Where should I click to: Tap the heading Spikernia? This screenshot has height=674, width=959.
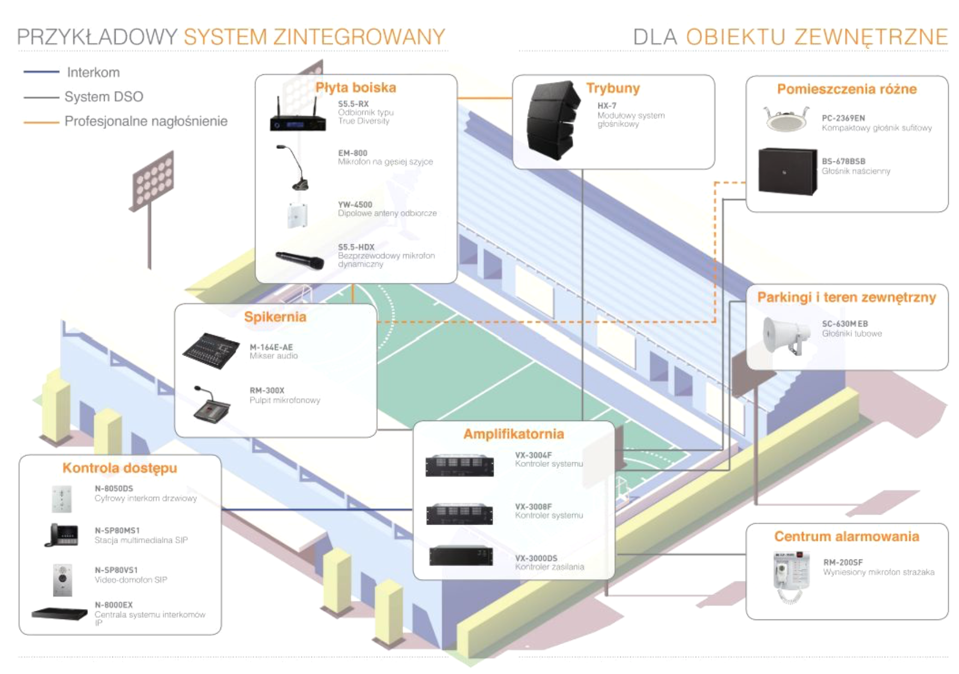(x=275, y=317)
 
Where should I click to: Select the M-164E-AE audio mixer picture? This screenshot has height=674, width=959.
(x=211, y=350)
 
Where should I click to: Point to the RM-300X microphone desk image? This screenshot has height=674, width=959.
(x=211, y=405)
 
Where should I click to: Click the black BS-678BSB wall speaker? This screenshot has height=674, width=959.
(x=787, y=171)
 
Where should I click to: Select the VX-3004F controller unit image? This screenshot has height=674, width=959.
(x=460, y=465)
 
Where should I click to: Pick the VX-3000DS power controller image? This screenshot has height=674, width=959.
(x=461, y=556)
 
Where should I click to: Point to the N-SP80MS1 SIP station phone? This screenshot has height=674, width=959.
(x=62, y=534)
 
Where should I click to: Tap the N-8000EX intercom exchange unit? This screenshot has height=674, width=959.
(x=59, y=614)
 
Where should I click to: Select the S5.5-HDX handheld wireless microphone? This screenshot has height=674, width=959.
(x=299, y=260)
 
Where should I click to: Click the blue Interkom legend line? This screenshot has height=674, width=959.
(x=41, y=72)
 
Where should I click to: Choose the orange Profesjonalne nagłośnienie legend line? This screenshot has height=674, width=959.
(x=41, y=122)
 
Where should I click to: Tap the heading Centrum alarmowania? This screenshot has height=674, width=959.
(x=846, y=537)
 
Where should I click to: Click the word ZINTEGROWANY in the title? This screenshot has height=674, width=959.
(x=359, y=37)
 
